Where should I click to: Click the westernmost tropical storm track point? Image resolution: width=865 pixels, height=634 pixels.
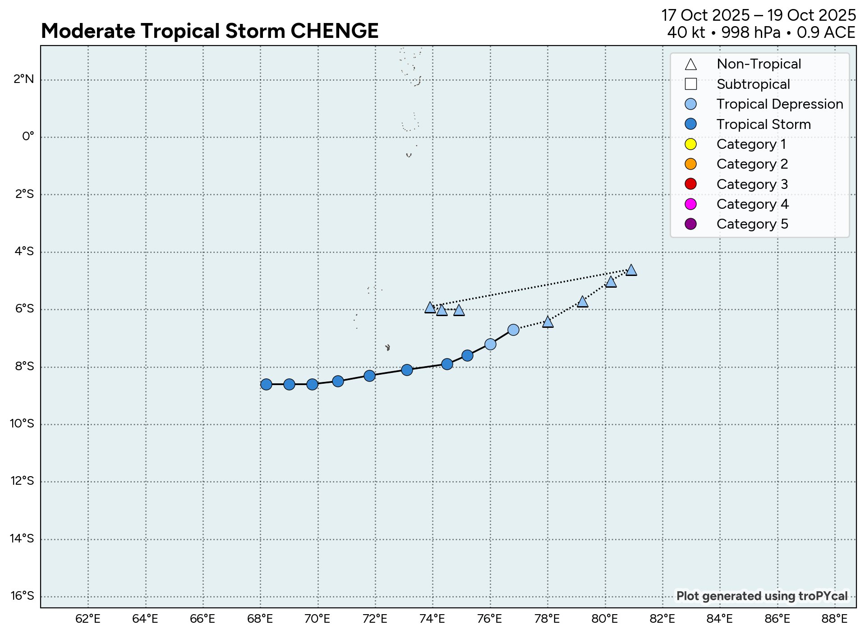(x=266, y=384)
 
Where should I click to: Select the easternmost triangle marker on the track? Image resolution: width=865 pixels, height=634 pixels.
(x=631, y=270)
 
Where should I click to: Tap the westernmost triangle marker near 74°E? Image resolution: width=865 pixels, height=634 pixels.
(x=430, y=308)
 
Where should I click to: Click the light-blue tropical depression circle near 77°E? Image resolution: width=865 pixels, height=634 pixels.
(x=513, y=330)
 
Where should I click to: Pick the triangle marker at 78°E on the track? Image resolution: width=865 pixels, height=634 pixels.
(x=548, y=322)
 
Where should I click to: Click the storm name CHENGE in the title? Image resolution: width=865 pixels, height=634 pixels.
(x=334, y=31)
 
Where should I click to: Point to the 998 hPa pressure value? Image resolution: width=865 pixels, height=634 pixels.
(x=750, y=32)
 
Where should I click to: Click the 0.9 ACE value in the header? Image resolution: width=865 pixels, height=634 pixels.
(x=826, y=32)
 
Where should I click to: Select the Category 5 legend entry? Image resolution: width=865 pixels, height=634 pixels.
(x=752, y=224)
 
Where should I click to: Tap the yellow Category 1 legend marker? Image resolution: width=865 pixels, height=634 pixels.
(x=690, y=144)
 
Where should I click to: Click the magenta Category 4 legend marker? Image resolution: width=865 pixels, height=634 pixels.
(x=690, y=204)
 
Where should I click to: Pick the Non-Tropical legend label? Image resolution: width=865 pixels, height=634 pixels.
(x=759, y=64)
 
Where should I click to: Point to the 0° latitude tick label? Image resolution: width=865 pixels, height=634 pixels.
(x=28, y=136)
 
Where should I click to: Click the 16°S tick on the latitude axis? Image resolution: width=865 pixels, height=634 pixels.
(x=22, y=596)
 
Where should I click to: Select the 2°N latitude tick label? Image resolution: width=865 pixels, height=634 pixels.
(x=23, y=79)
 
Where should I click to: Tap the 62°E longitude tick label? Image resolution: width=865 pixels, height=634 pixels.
(x=88, y=619)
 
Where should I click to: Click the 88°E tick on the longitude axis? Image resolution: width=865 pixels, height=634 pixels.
(x=834, y=619)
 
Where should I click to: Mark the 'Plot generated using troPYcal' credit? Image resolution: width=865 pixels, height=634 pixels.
(x=762, y=596)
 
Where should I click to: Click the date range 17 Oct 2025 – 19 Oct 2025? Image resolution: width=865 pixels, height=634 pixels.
(x=758, y=15)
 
